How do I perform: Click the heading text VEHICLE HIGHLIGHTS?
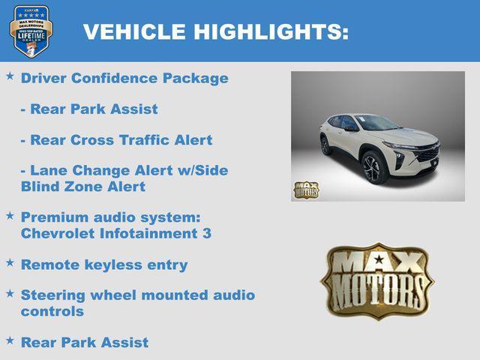pyautogui.click(x=215, y=31)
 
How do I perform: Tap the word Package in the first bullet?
pyautogui.click(x=197, y=78)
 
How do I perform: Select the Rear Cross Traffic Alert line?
pyautogui.click(x=116, y=140)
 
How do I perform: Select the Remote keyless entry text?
pyautogui.click(x=104, y=265)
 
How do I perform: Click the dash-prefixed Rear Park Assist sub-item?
pyautogui.click(x=89, y=109)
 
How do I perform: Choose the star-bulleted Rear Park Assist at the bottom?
pyautogui.click(x=85, y=343)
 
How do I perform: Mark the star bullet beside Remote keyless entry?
pyautogui.click(x=10, y=262)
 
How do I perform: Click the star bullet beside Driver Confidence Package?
pyautogui.click(x=10, y=76)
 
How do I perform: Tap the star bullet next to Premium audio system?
pyautogui.click(x=10, y=215)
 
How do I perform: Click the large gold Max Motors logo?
pyautogui.click(x=376, y=280)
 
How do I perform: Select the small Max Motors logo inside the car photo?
pyautogui.click(x=305, y=190)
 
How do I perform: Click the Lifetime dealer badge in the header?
pyautogui.click(x=31, y=31)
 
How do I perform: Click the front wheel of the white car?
pyautogui.click(x=374, y=167)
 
